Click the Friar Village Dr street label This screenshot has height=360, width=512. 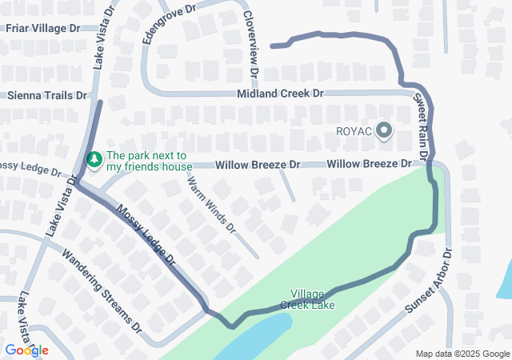pos(43,28)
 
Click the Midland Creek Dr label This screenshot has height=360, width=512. pos(280,94)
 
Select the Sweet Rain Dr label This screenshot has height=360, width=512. pos(422,124)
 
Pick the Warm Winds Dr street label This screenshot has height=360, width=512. pos(212,204)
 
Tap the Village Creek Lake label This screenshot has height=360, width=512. pos(307,299)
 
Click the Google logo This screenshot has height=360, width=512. pos(26,350)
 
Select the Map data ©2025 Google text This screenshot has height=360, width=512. pos(462,354)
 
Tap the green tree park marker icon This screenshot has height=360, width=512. pos(94,161)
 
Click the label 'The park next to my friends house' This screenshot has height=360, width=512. pos(149,161)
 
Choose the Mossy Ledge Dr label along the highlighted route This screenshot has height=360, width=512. pos(146,237)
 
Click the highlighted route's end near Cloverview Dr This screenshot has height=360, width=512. pos(274,46)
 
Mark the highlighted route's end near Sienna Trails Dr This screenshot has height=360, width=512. pos(100,103)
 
